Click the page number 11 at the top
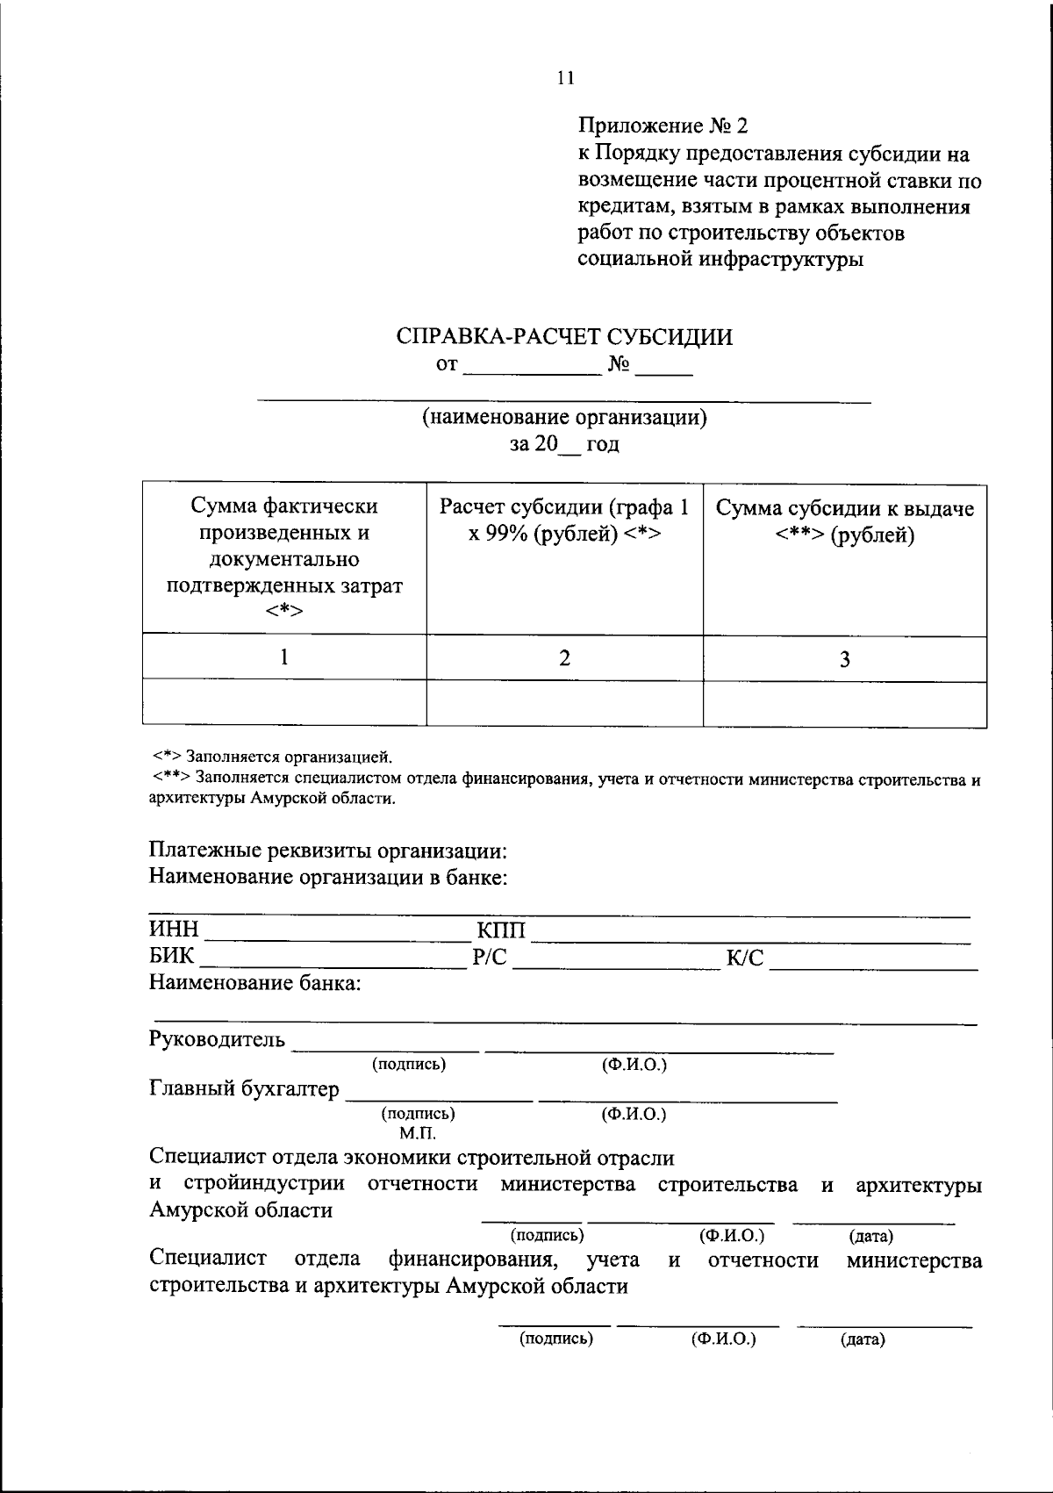tap(565, 78)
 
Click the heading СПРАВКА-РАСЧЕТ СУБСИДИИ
tap(564, 337)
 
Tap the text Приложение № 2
tap(663, 126)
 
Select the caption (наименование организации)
tap(564, 417)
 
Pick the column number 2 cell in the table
tap(564, 657)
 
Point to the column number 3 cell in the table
tap(844, 659)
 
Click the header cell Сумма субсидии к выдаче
tap(844, 522)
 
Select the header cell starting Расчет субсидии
tap(564, 520)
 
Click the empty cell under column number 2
tap(564, 703)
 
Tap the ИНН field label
tap(175, 930)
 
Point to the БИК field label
tap(172, 956)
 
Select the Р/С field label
tap(490, 958)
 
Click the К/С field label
tap(745, 958)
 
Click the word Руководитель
tap(217, 1040)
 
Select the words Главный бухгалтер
tap(244, 1089)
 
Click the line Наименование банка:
tap(254, 983)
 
